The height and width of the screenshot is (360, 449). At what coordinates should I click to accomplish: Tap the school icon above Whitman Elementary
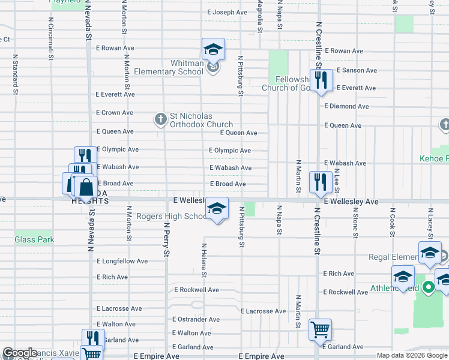[x=213, y=50]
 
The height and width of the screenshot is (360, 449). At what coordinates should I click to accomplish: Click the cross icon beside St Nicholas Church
[x=160, y=119]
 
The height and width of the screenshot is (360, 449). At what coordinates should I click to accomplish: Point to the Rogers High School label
[x=171, y=217]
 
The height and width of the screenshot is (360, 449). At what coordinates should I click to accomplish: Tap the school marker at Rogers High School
[x=217, y=208]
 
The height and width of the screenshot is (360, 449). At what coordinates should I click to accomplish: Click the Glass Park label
[x=34, y=239]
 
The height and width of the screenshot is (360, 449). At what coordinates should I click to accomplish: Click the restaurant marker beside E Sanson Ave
[x=321, y=80]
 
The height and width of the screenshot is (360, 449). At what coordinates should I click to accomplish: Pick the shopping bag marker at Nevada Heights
[x=86, y=186]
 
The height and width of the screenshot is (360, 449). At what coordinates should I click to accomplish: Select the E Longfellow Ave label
[x=122, y=262]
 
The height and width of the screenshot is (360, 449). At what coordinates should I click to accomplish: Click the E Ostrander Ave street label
[x=196, y=320]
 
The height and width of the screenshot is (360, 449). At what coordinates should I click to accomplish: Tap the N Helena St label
[x=204, y=260]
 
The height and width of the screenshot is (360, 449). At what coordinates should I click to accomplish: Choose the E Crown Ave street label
[x=115, y=113]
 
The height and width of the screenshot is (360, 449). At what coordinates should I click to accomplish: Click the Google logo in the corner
[x=19, y=353]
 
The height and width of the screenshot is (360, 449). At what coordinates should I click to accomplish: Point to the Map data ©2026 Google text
[x=412, y=355]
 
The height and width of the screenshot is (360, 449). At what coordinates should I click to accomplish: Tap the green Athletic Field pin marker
[x=428, y=287]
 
